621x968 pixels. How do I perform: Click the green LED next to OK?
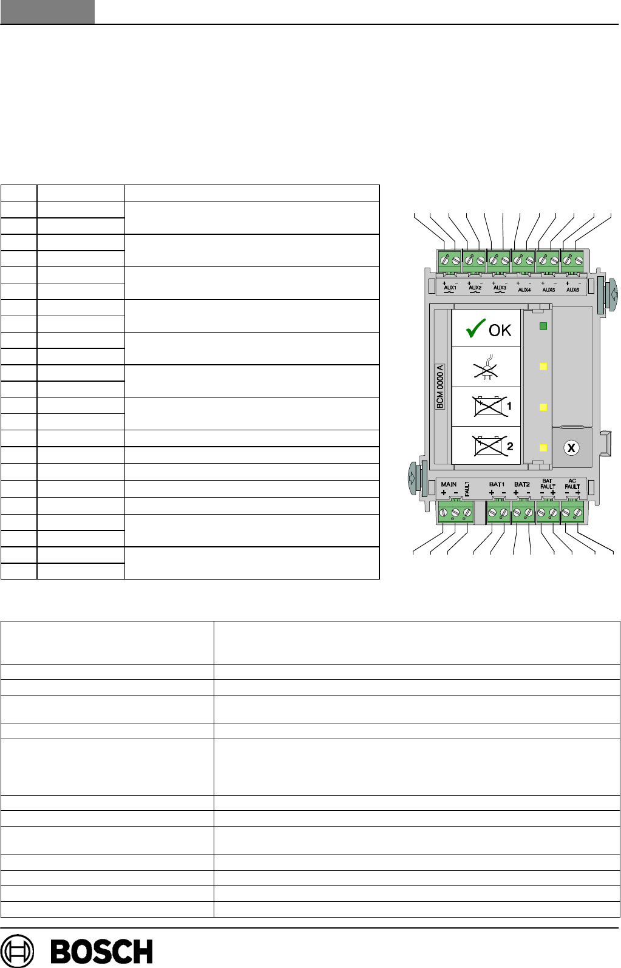[x=543, y=327]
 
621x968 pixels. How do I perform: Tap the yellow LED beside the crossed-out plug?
[x=543, y=367]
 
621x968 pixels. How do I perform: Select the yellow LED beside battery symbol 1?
[x=543, y=407]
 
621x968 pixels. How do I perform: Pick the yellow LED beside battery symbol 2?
[x=543, y=448]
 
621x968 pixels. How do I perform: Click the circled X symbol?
[x=571, y=448]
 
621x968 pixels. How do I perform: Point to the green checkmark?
[x=475, y=330]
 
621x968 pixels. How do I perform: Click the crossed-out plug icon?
[x=486, y=368]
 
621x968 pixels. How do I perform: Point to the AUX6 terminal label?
[x=572, y=290]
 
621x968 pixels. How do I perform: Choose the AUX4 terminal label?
[x=524, y=290]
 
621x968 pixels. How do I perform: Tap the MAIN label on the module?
[x=449, y=484]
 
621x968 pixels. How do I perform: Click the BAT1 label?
[x=497, y=484]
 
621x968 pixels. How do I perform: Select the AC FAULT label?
[x=572, y=484]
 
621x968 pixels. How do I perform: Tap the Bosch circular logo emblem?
[x=18, y=951]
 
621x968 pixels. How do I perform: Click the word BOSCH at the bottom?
[x=102, y=952]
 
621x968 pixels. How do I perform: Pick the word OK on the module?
[x=500, y=330]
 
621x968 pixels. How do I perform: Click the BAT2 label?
[x=522, y=484]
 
